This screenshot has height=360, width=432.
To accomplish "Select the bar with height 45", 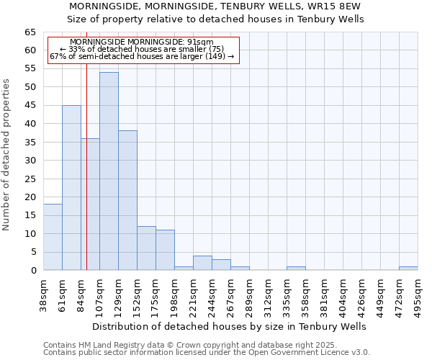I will point(71,187).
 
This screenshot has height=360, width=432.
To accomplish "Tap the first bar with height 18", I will point(53,237).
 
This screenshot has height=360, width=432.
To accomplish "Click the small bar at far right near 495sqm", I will point(408,268).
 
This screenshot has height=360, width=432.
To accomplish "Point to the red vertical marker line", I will point(86,180).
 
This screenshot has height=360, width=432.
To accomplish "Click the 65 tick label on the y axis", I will point(30,32).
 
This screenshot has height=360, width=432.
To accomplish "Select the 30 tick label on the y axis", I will point(30,160).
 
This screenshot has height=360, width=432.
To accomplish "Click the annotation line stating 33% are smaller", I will point(143,49).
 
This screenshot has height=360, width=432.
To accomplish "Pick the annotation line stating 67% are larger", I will point(143,56).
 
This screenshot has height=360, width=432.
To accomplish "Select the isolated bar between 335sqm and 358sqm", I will point(296,268).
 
